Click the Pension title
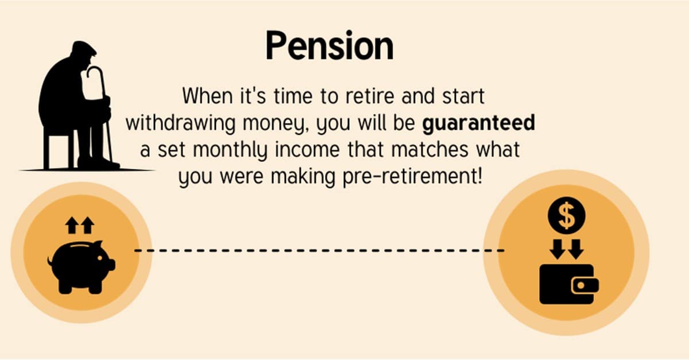[330, 45]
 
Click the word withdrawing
[180, 123]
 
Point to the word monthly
[230, 150]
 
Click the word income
[307, 150]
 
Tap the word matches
[429, 149]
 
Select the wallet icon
[569, 284]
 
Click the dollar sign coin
[567, 216]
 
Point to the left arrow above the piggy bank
[72, 225]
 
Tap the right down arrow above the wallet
[576, 249]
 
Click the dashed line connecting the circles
[319, 250]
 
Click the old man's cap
[83, 48]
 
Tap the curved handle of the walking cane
[95, 73]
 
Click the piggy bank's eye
[100, 257]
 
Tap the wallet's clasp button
[581, 285]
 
